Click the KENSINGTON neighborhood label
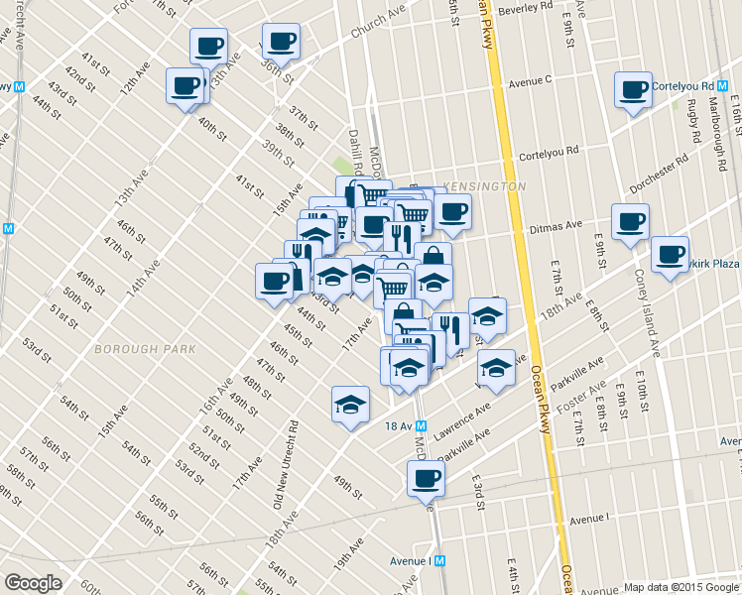tap(486, 186)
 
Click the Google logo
tap(33, 583)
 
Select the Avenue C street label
tap(530, 79)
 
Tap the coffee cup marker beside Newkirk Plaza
tap(671, 253)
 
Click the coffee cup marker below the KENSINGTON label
tap(453, 210)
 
